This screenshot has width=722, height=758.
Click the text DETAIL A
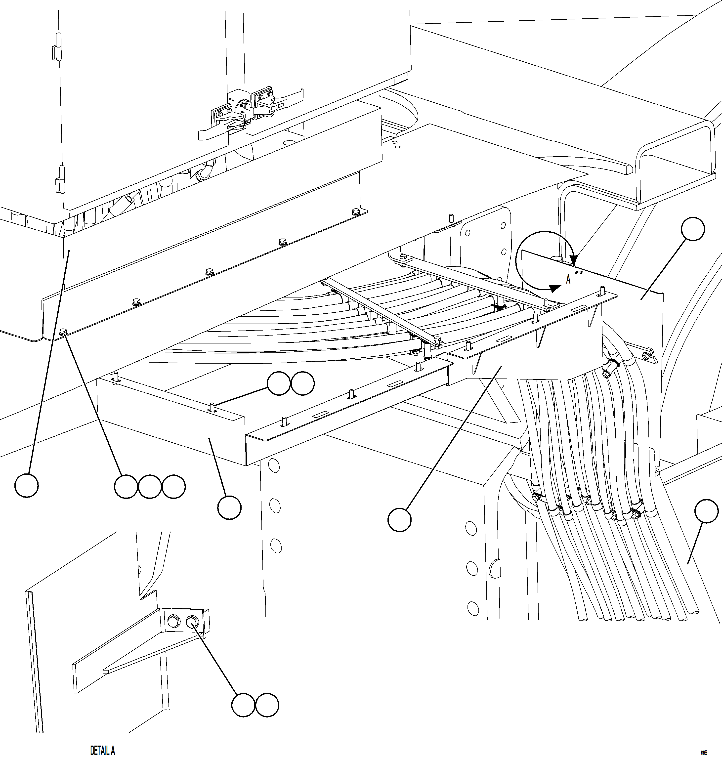point(102,750)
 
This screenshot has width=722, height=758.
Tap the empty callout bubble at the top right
point(693,229)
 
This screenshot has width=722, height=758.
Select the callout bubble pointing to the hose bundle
point(706,511)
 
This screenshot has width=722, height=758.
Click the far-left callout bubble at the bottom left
point(27,486)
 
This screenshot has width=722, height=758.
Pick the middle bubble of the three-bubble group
point(150,487)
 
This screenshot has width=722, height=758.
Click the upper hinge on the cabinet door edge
point(57,46)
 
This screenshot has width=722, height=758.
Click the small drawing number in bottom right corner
point(704,753)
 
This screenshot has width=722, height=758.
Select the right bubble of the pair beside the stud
point(302,383)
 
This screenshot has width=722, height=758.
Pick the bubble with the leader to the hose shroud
point(399,520)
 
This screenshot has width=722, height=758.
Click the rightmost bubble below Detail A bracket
point(267,705)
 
